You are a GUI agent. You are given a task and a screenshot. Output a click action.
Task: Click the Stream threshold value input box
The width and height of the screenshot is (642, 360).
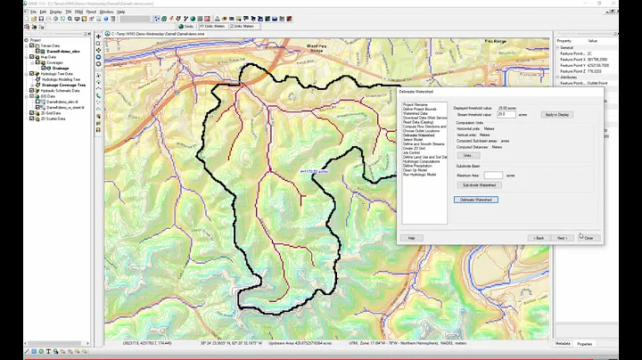[506, 115]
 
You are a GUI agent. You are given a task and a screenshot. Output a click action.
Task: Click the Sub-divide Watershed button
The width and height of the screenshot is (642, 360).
[479, 184]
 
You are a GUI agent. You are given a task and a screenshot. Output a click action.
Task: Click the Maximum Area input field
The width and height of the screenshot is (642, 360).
[493, 175]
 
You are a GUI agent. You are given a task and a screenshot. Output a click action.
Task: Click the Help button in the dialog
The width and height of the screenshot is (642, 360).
[412, 238]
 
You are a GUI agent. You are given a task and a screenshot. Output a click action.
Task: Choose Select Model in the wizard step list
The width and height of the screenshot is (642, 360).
[414, 139]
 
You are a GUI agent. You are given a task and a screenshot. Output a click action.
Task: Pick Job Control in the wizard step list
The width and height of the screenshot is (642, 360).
[412, 152]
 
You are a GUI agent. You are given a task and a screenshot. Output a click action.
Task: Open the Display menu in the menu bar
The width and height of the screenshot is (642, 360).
[56, 12]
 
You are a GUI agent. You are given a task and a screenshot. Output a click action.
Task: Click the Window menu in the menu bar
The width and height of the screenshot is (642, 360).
[107, 12]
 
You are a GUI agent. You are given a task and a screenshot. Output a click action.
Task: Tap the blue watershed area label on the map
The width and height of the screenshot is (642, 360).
[315, 170]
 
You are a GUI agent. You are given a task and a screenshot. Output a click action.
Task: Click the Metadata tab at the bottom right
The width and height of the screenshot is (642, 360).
[564, 342]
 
